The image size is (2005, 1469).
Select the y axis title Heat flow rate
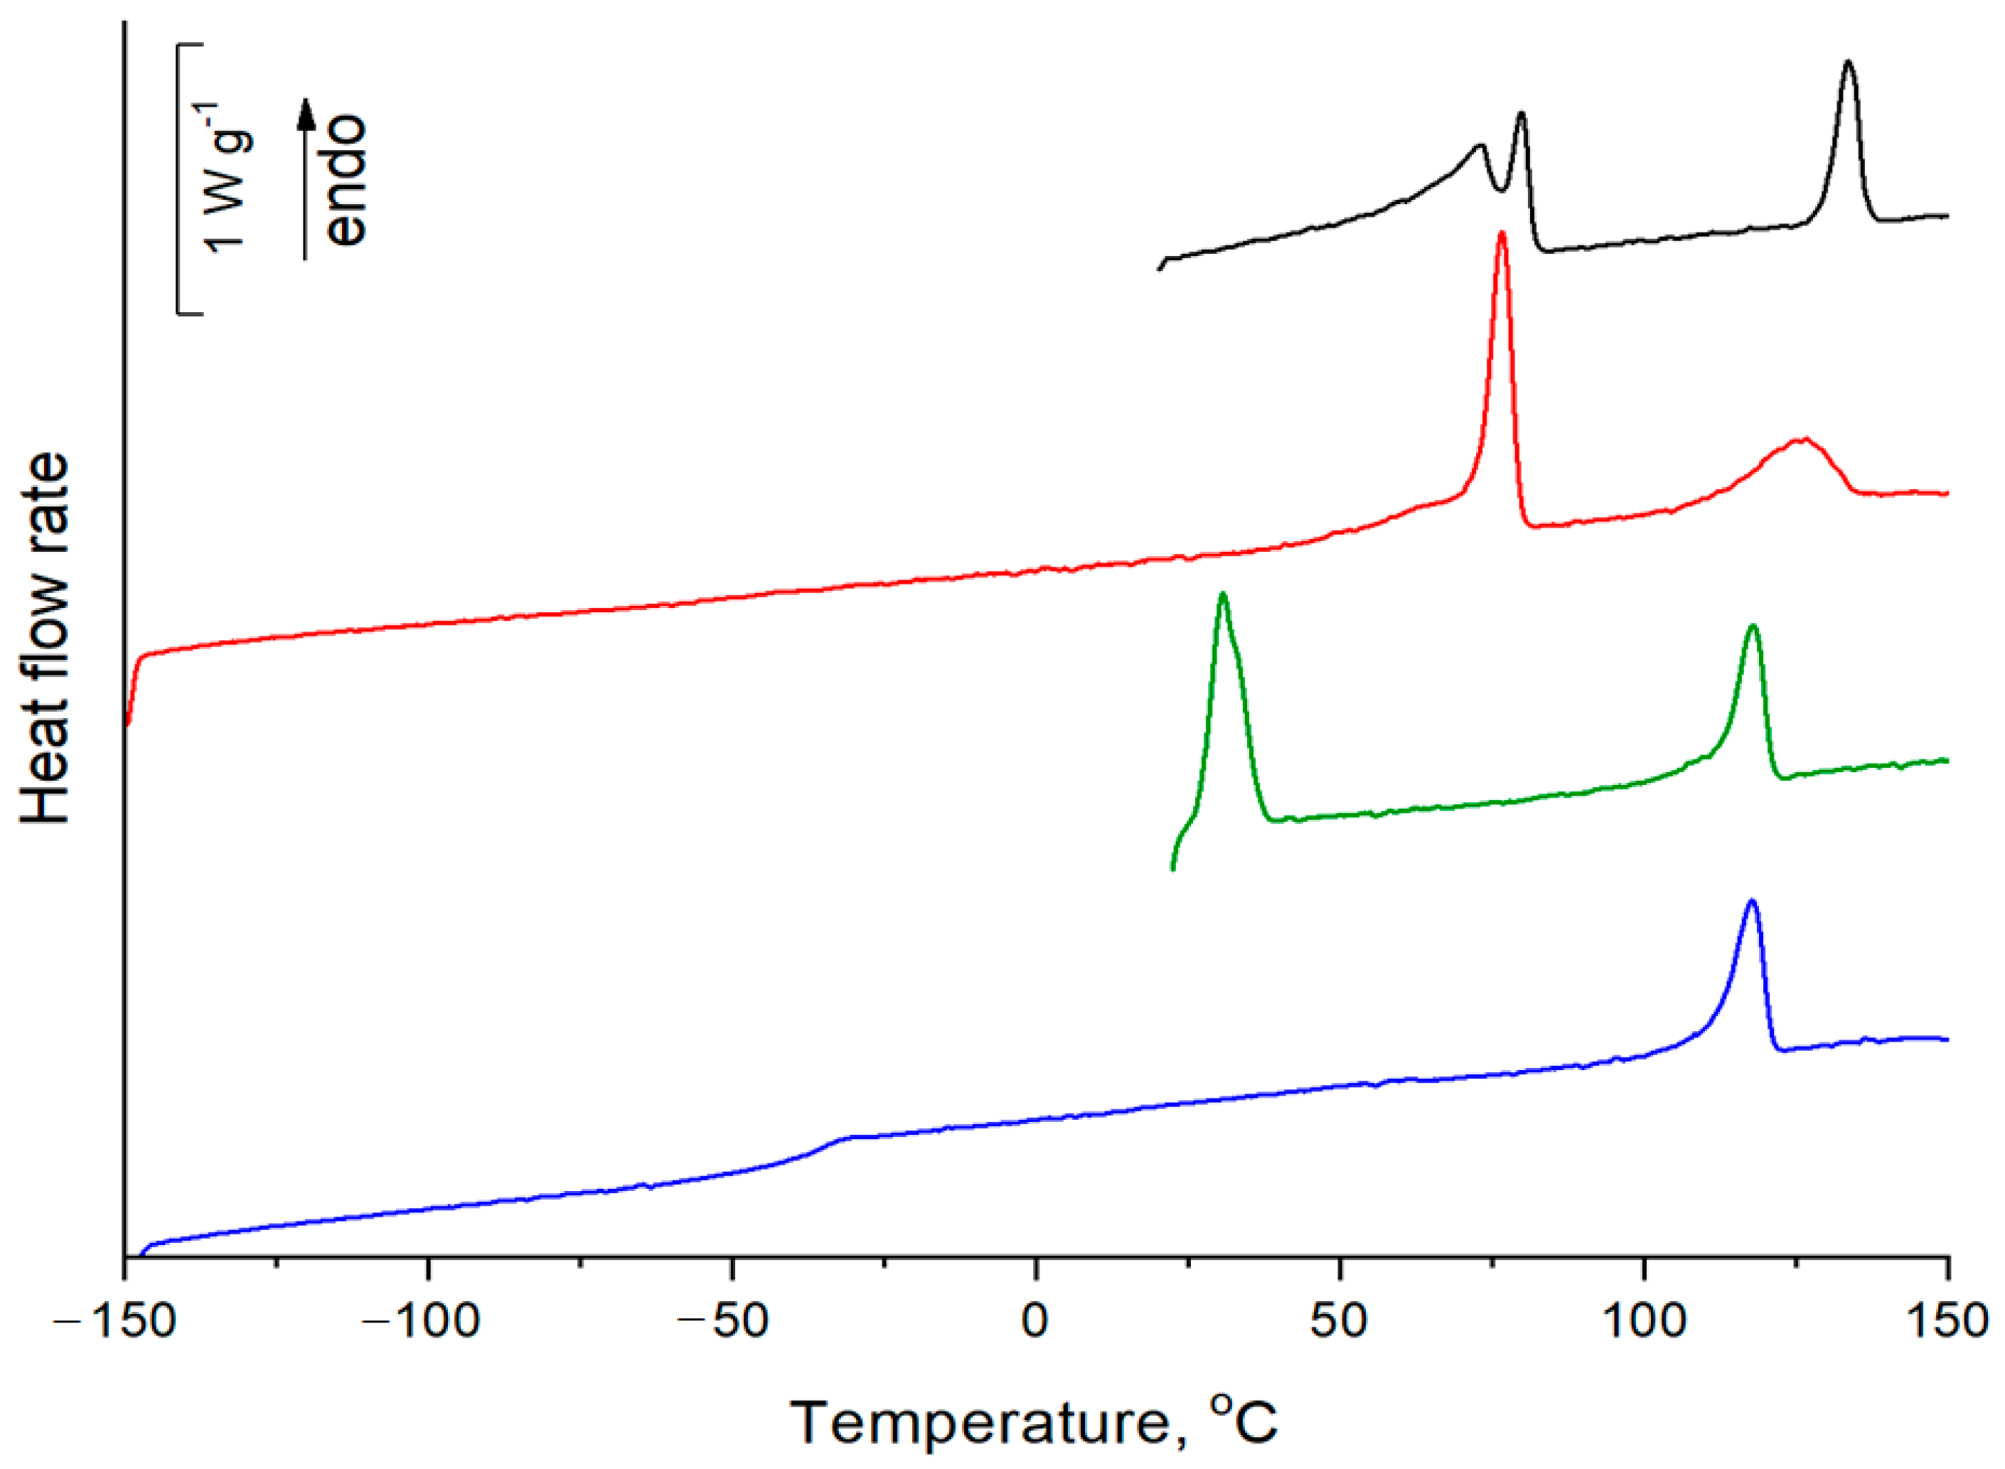[x=45, y=639]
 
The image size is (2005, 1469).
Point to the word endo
[x=346, y=180]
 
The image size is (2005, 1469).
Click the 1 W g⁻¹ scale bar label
[x=226, y=178]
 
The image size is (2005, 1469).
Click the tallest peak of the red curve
[x=1502, y=235]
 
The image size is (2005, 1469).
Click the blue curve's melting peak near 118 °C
[x=1752, y=902]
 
